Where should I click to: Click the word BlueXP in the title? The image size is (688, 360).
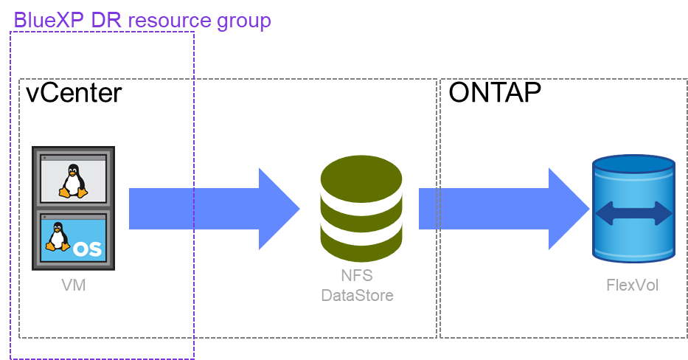pos(48,20)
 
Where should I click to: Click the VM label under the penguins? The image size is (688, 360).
pos(73,285)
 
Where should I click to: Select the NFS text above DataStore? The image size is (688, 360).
pos(357,277)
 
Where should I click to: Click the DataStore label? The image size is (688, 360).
pos(357,296)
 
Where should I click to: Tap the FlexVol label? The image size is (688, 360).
pos(632,285)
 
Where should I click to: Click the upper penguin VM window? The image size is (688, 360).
pos(73,178)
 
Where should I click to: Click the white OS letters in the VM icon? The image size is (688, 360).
pos(87,249)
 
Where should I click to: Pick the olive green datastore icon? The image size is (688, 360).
pos(361,209)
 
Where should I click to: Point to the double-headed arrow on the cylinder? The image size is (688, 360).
pos(634,215)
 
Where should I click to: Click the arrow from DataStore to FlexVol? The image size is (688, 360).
pos(501,209)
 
